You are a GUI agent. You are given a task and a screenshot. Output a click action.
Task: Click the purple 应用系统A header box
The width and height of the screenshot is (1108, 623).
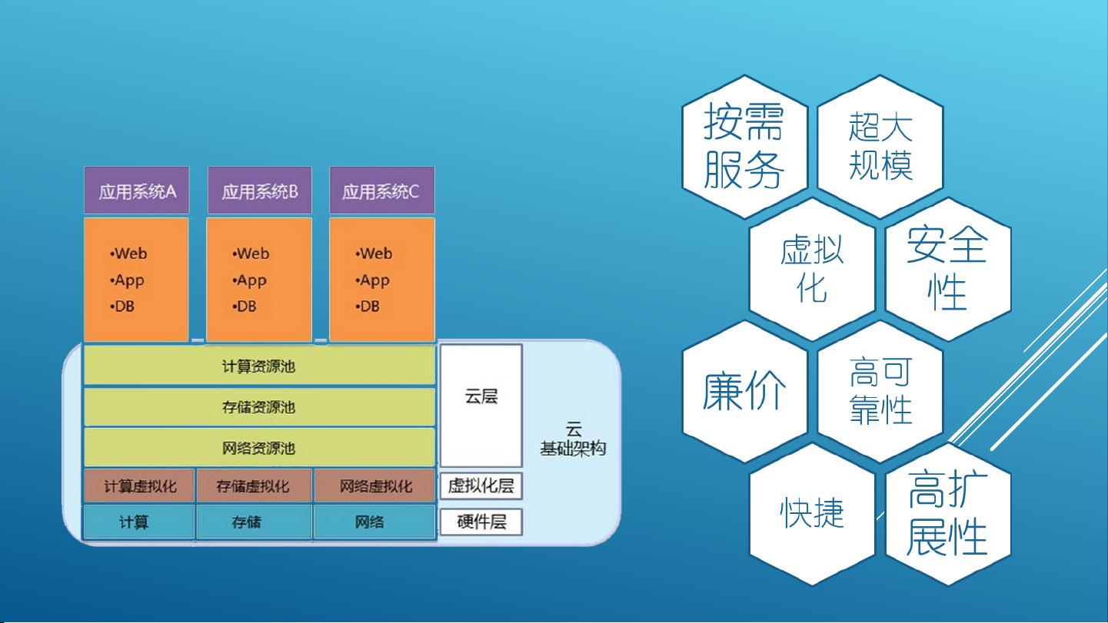(x=137, y=191)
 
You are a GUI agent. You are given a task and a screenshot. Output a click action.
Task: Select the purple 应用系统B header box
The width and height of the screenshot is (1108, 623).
(x=260, y=191)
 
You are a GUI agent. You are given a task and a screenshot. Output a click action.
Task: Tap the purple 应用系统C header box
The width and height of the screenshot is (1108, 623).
(x=382, y=191)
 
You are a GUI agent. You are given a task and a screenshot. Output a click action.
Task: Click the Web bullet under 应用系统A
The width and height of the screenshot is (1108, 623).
(x=128, y=254)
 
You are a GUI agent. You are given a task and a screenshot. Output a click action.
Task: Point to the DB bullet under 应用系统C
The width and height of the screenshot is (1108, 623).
(x=368, y=307)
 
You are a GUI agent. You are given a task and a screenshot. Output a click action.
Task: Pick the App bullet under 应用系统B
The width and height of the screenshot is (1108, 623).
(x=250, y=280)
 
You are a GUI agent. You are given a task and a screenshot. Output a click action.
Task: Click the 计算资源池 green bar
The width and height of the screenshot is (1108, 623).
(x=259, y=366)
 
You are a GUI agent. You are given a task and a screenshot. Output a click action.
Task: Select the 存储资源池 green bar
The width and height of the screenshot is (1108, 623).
(x=259, y=407)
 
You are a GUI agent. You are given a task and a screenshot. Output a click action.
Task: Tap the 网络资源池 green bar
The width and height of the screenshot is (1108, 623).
(x=259, y=448)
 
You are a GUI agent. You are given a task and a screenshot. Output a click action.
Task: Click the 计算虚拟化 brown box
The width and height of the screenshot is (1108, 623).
(x=139, y=486)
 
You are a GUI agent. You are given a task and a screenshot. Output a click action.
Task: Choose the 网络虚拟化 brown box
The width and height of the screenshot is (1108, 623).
(x=375, y=486)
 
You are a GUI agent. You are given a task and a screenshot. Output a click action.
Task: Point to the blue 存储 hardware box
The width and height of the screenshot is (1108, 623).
(x=255, y=522)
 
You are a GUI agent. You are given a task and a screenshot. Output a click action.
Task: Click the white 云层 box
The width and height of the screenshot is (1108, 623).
(x=481, y=406)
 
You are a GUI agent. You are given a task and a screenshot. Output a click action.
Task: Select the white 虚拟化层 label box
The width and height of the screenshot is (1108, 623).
(x=481, y=485)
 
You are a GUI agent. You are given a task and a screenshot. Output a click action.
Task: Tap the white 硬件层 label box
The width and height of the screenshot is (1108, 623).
(x=481, y=522)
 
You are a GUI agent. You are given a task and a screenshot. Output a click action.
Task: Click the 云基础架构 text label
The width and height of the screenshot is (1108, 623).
(x=573, y=439)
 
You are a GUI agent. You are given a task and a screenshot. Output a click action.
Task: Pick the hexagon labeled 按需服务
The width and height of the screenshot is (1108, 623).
(x=744, y=147)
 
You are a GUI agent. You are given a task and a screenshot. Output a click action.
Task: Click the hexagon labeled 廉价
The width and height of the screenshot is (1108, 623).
(x=744, y=391)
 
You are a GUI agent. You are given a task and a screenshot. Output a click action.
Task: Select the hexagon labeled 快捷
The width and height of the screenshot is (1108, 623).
(x=812, y=514)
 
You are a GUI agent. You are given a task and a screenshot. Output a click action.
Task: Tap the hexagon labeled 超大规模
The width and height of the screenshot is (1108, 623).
(x=880, y=147)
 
